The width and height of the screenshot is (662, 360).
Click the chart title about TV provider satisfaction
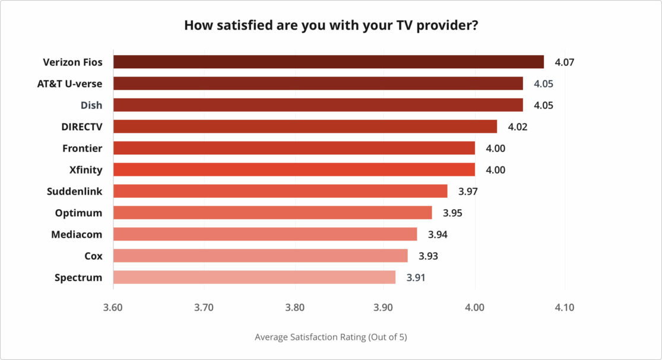tap(331, 26)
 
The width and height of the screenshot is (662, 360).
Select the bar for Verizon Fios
tap(328, 62)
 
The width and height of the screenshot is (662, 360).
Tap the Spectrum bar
tap(254, 277)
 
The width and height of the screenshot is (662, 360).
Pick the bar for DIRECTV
tap(305, 127)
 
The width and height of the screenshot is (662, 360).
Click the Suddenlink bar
tap(280, 191)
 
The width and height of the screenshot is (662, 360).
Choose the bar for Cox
tap(260, 255)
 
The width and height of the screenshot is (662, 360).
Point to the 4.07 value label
tap(565, 62)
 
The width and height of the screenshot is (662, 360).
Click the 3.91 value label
tap(416, 277)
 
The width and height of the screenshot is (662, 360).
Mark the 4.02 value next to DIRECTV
tap(518, 127)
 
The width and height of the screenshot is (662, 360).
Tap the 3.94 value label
tap(438, 234)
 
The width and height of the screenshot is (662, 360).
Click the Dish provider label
tap(91, 105)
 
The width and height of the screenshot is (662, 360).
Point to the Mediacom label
tap(77, 234)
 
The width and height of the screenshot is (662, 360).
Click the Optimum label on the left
tap(78, 213)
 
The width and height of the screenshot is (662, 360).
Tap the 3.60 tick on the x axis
tap(113, 308)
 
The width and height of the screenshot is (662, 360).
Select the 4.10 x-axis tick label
tap(564, 308)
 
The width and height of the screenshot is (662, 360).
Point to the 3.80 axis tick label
tap(294, 308)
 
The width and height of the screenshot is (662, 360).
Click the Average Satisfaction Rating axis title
tap(331, 337)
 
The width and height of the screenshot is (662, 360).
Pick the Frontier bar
tap(294, 148)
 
